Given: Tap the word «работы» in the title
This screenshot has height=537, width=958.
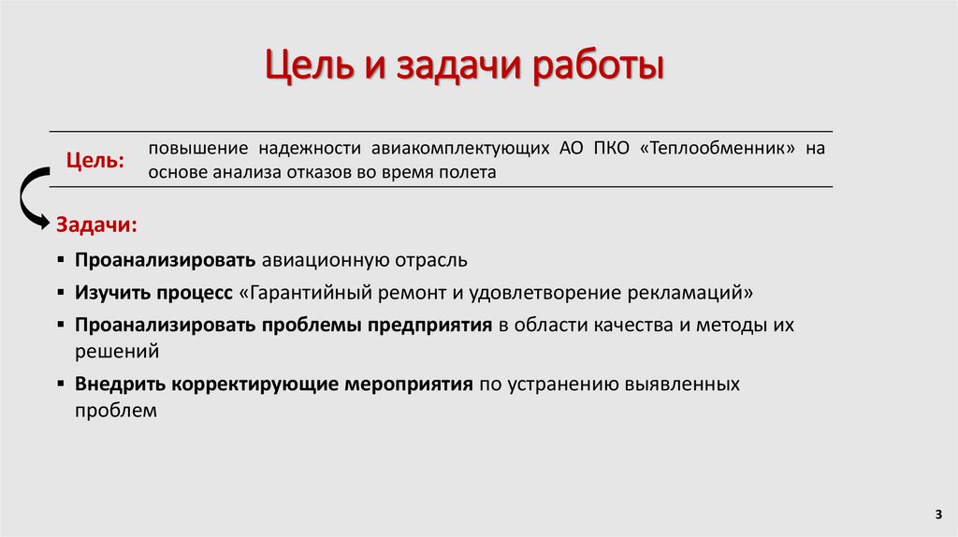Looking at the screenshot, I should tap(600, 68).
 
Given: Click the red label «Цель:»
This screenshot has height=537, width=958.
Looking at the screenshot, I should tap(95, 161).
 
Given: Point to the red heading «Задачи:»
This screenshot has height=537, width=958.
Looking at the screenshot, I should tap(97, 225).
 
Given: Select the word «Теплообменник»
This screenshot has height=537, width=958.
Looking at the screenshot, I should tap(723, 149).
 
